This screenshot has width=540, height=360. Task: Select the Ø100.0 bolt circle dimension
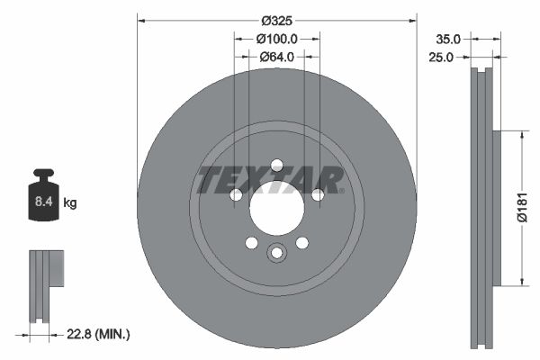(x=277, y=39)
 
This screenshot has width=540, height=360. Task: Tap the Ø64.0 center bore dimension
(x=277, y=57)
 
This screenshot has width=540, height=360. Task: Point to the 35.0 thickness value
(x=447, y=39)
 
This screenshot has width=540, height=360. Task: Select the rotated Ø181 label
(x=521, y=208)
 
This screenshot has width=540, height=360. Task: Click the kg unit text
(x=70, y=203)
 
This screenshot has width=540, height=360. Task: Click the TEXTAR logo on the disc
(x=270, y=180)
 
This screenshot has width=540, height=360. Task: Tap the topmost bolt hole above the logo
(x=276, y=165)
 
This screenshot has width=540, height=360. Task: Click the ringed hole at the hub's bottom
(x=276, y=253)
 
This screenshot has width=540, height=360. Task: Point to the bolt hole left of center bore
(x=236, y=195)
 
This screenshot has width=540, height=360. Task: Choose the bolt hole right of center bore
(x=317, y=195)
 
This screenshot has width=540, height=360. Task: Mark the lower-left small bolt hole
(x=251, y=243)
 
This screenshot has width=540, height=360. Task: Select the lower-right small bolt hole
(x=301, y=243)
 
